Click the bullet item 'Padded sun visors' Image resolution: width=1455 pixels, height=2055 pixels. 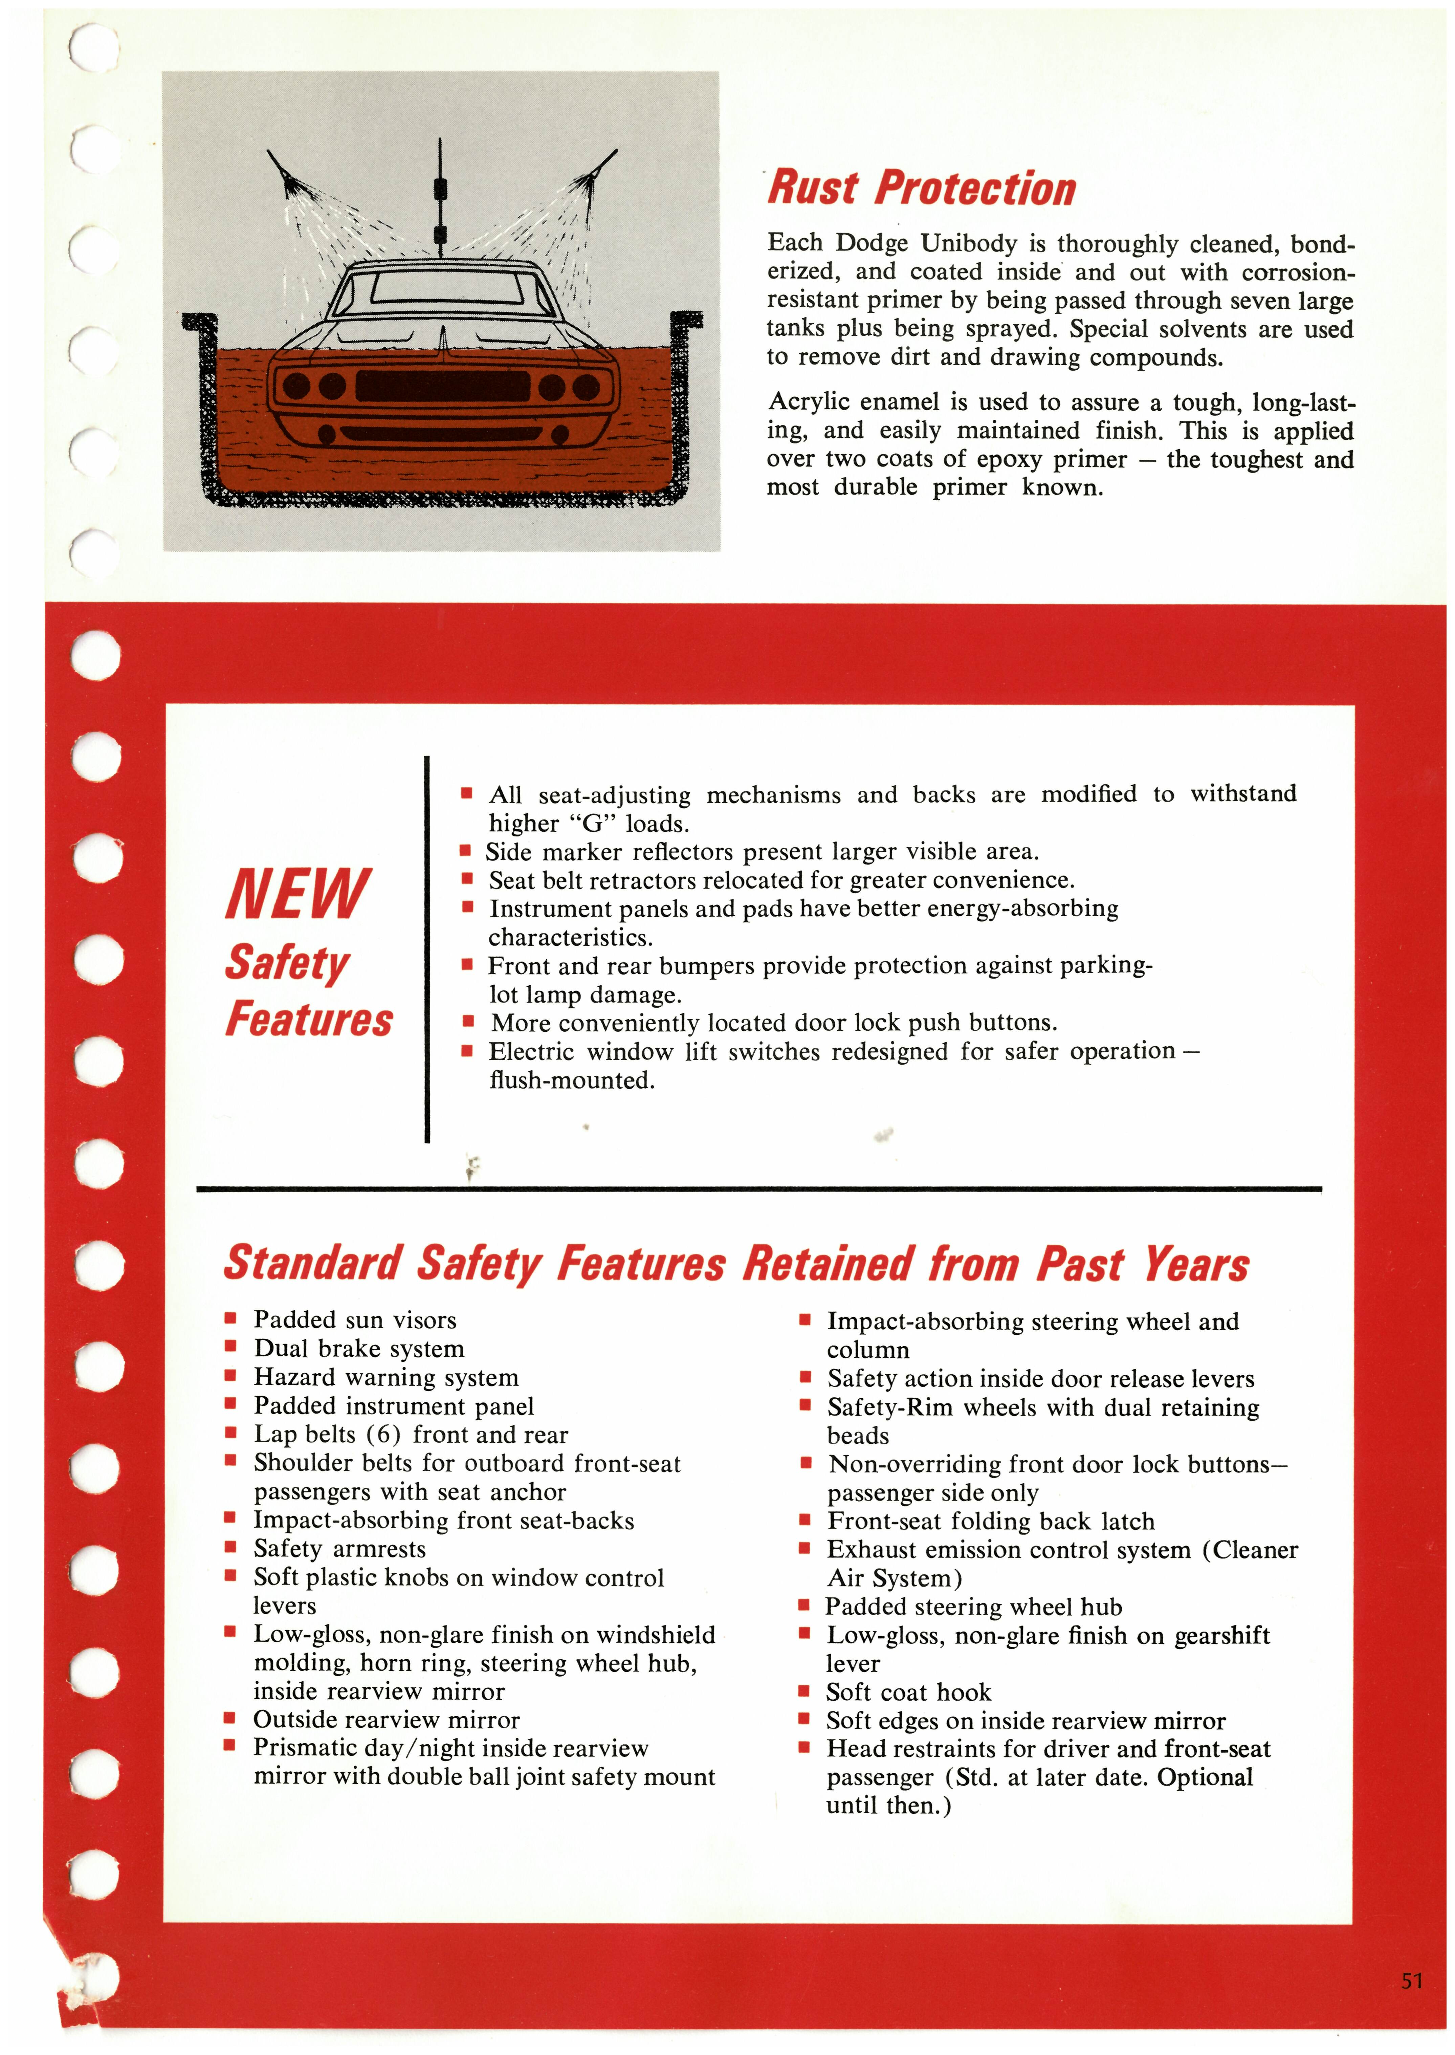click(355, 1319)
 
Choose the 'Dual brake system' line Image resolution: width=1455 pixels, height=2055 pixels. click(358, 1348)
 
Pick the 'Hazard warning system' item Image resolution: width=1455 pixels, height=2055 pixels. click(385, 1377)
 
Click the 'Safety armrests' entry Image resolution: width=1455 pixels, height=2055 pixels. click(339, 1549)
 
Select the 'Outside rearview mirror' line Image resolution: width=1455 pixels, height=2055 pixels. click(386, 1720)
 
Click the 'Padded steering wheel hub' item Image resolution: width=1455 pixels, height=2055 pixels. click(973, 1607)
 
